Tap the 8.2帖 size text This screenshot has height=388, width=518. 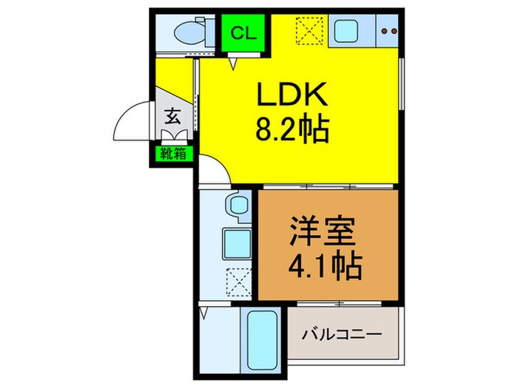point(293,133)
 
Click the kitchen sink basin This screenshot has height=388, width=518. point(346,31)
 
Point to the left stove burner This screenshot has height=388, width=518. point(386,31)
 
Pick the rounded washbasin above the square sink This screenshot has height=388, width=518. point(238,205)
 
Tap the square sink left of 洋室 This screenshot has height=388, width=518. point(238,240)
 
